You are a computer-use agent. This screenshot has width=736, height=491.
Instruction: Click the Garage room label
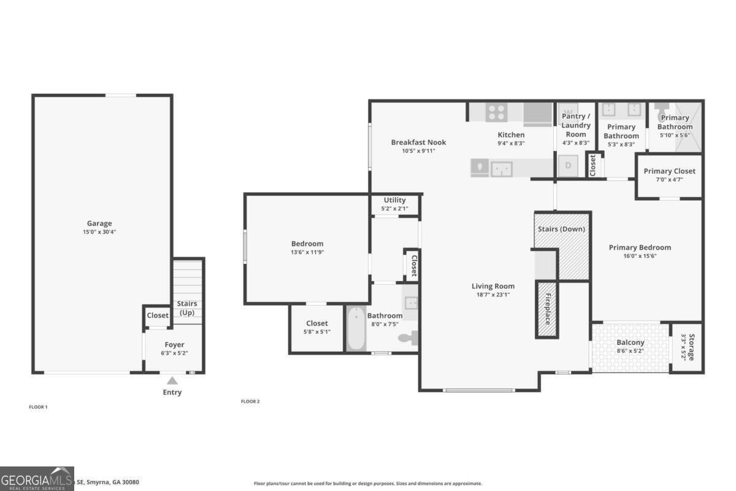(99, 223)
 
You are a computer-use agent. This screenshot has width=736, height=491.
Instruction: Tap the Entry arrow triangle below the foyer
(172, 381)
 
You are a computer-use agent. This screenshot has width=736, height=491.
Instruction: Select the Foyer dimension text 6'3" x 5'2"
(174, 353)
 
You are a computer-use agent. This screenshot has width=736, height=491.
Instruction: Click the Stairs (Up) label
(187, 308)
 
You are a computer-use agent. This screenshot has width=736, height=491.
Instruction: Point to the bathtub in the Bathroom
(356, 330)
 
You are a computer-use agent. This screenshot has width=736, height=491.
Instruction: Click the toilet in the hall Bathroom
(409, 337)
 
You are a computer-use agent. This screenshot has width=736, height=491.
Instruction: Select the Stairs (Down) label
(561, 229)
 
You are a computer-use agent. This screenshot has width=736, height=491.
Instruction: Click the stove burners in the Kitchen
(496, 112)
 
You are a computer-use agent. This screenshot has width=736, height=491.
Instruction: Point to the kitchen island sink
(502, 168)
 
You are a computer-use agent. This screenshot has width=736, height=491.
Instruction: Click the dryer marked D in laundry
(568, 166)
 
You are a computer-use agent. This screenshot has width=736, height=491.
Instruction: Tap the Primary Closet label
(669, 171)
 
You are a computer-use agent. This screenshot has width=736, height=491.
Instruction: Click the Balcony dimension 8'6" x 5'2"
(630, 351)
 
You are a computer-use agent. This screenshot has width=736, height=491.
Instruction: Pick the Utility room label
(394, 200)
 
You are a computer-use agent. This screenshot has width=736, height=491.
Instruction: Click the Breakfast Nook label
(418, 142)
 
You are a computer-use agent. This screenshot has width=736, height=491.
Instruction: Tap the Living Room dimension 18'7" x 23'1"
(493, 295)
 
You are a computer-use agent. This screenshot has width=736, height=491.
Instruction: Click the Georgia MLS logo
(37, 478)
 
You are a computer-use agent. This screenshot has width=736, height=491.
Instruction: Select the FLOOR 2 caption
(250, 401)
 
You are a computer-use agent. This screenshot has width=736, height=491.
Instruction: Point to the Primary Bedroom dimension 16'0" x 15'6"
(640, 256)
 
